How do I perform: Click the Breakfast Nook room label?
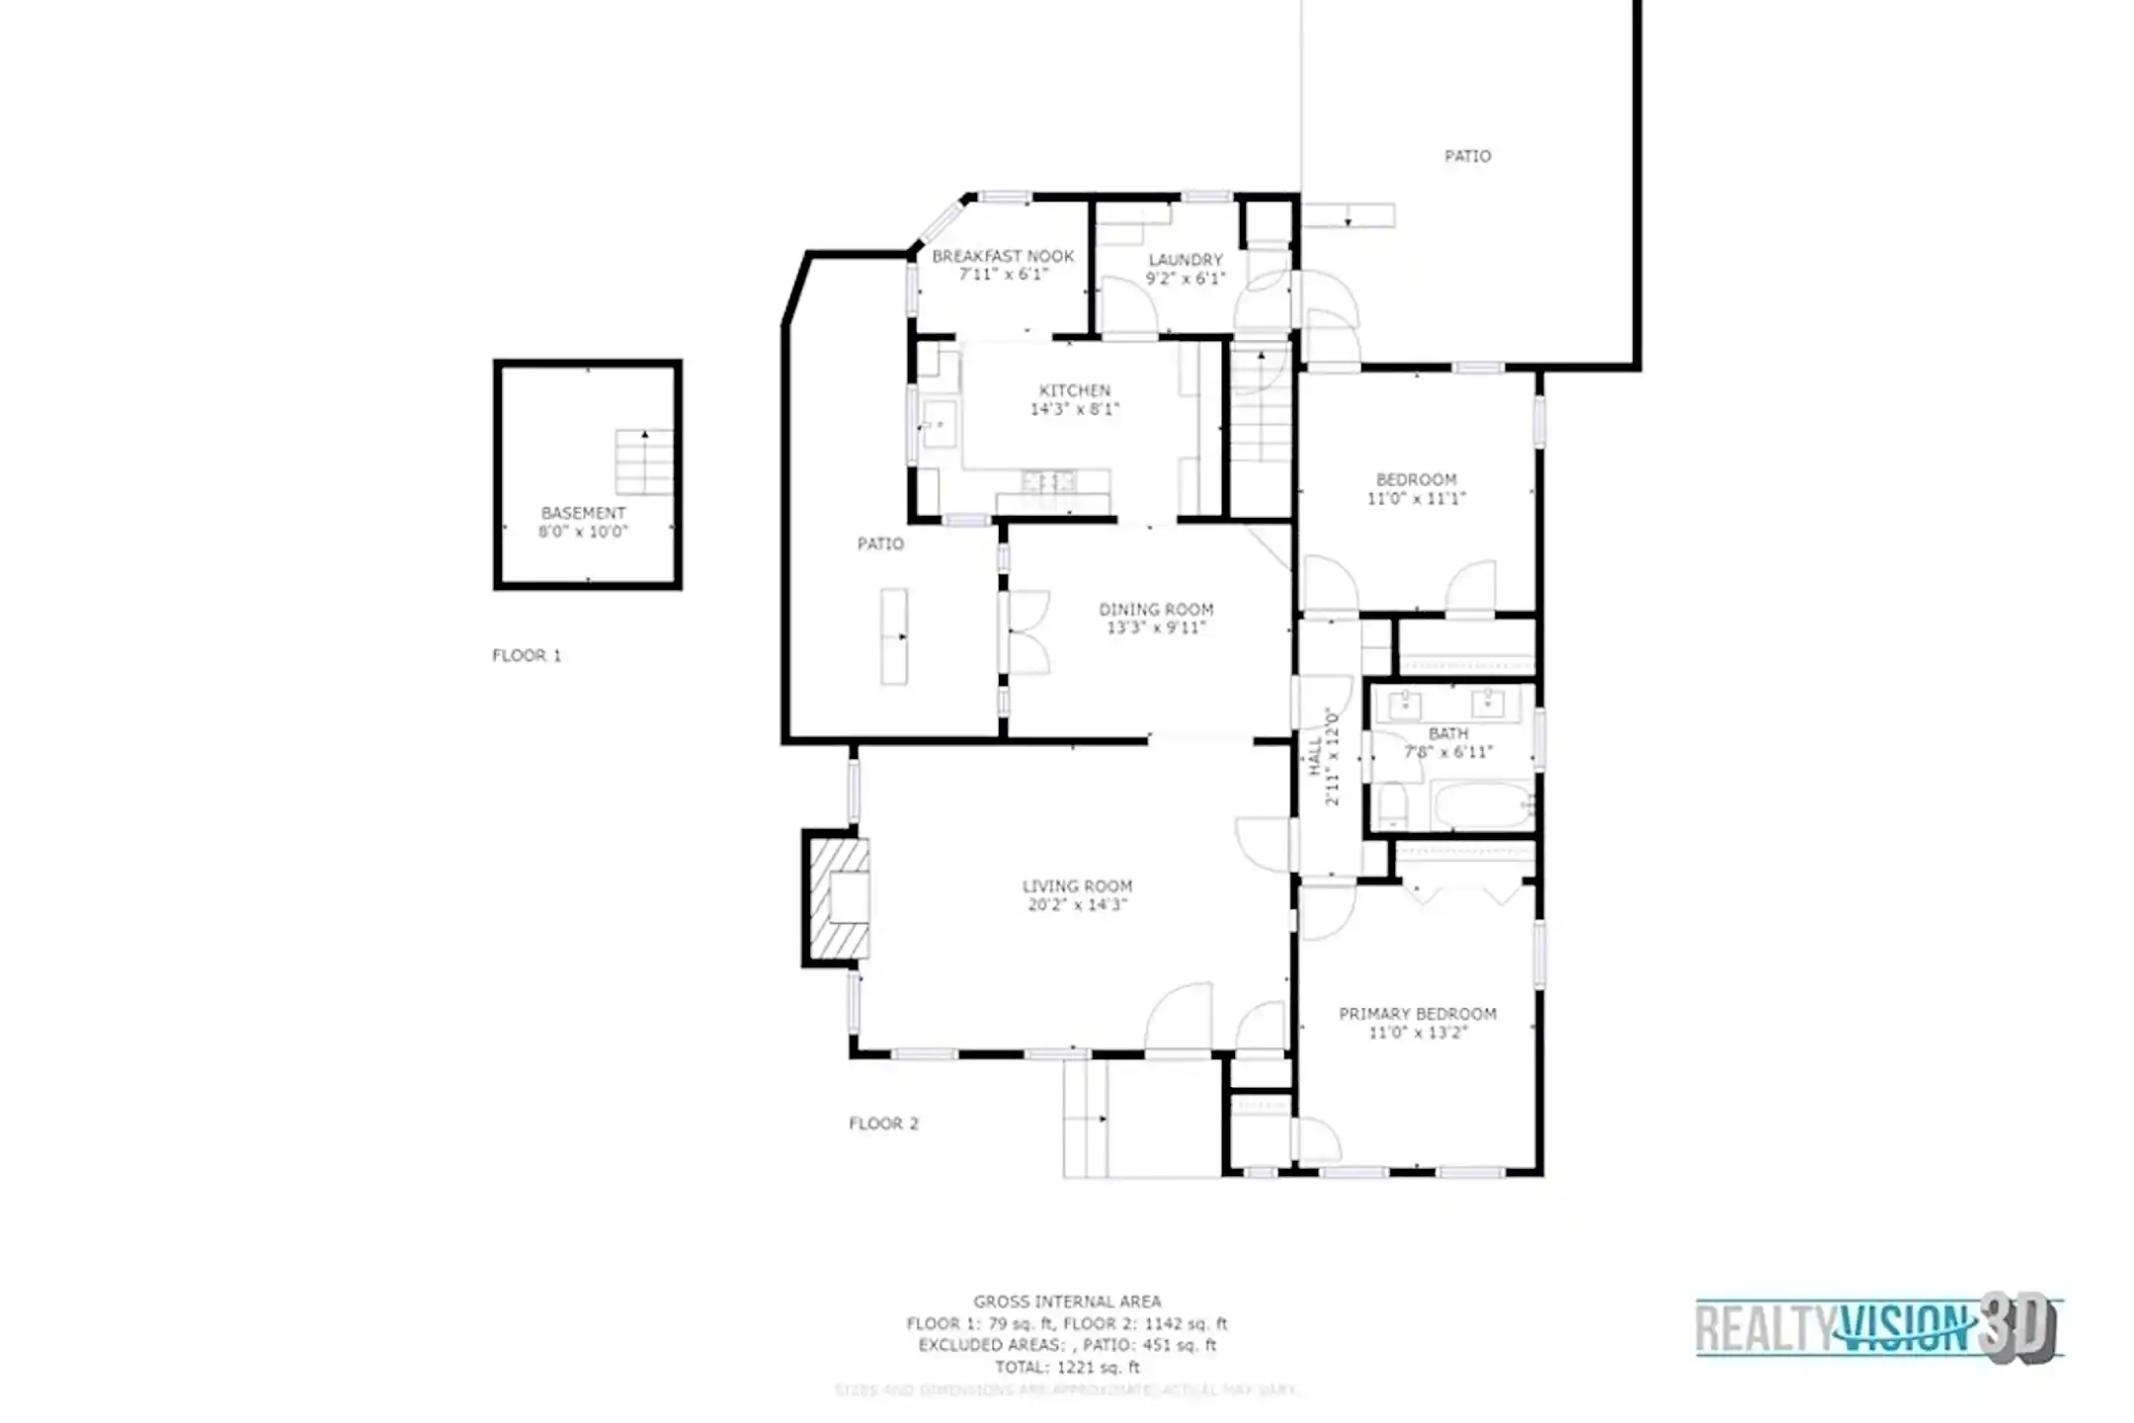(x=1003, y=256)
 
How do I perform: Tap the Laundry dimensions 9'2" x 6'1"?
(x=1186, y=279)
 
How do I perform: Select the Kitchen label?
(x=1075, y=390)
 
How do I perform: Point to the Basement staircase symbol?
(x=644, y=462)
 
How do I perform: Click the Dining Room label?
(x=1156, y=610)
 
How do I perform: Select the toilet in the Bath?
(x=1392, y=805)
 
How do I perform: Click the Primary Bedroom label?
(x=1417, y=1014)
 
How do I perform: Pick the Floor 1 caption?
(x=527, y=655)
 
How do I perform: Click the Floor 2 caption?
(x=883, y=1124)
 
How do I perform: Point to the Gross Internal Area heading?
(x=1067, y=1301)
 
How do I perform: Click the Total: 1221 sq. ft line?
(x=1067, y=1368)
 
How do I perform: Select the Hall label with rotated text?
(x=1324, y=756)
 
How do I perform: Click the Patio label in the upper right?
(x=1467, y=156)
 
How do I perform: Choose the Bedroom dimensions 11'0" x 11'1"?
(x=1416, y=499)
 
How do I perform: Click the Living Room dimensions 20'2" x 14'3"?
(x=1077, y=905)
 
